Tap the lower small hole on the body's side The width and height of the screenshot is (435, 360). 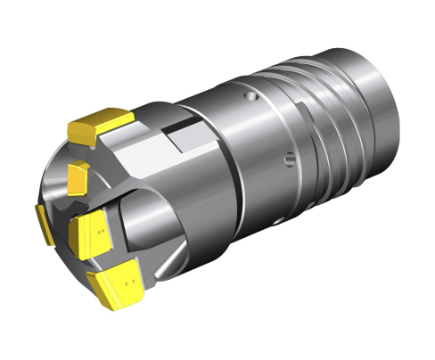(x=287, y=160)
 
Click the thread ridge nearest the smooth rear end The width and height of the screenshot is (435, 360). (x=349, y=116)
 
